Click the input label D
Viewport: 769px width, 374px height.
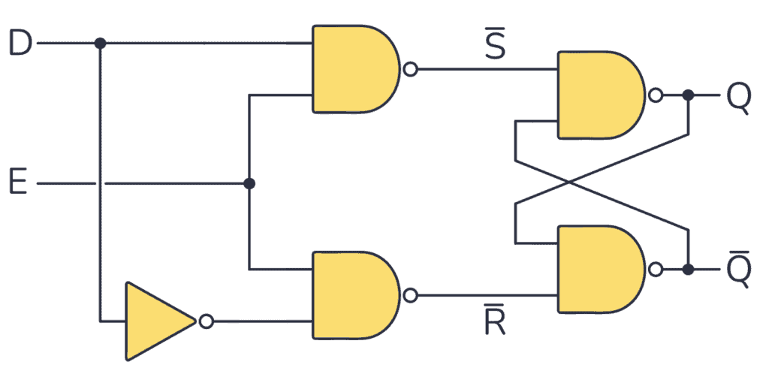[20, 44]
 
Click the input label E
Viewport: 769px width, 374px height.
[18, 182]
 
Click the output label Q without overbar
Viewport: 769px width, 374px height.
[738, 97]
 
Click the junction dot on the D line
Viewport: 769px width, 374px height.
[100, 44]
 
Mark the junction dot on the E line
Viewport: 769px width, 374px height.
[249, 183]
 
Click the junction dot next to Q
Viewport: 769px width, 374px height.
[688, 95]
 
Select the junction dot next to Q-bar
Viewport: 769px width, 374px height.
[688, 269]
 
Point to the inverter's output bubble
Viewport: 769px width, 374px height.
[206, 321]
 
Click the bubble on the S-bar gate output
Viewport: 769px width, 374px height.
[410, 70]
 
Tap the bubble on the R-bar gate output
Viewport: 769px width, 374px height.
[410, 294]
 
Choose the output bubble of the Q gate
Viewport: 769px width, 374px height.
[656, 95]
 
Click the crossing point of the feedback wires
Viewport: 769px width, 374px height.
[570, 181]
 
